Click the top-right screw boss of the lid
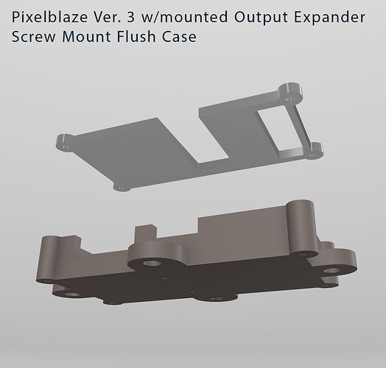tap(292, 93)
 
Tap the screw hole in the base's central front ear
tap(152, 262)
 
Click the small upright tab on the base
tap(144, 233)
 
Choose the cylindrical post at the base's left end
tap(49, 254)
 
